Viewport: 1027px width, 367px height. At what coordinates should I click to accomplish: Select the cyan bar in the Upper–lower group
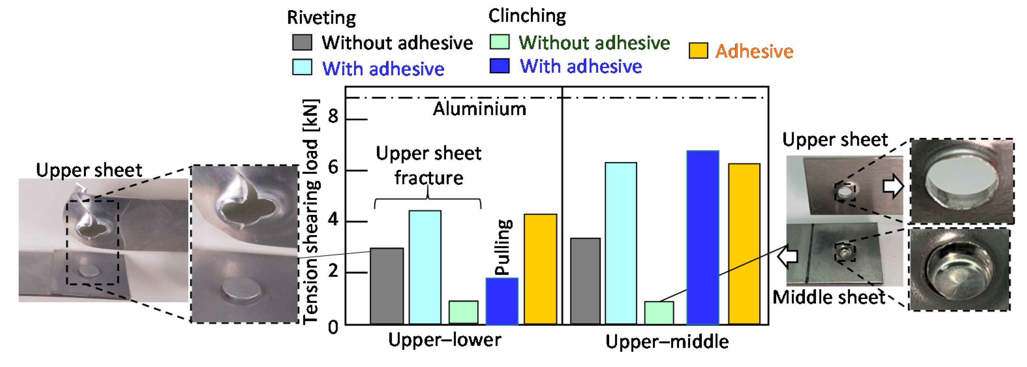tap(425, 267)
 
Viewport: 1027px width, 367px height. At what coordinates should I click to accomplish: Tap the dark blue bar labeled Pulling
tap(502, 301)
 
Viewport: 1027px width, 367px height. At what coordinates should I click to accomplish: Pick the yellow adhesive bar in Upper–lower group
tap(540, 269)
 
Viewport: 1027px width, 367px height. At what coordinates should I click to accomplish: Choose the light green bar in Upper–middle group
tap(659, 313)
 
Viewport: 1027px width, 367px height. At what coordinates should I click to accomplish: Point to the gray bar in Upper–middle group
tap(585, 281)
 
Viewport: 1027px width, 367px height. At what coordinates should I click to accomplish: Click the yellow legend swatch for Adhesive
tap(698, 51)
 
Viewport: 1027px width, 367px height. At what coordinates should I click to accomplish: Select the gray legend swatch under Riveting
tap(302, 42)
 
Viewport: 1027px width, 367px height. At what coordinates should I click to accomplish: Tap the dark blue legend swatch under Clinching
tap(499, 66)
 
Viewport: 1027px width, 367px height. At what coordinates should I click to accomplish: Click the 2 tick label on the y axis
tap(333, 272)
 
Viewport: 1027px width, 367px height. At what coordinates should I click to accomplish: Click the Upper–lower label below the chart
tap(445, 340)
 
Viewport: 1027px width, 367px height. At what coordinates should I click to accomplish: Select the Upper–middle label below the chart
tap(667, 342)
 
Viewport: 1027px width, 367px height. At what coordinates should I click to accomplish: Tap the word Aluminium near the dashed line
tap(480, 109)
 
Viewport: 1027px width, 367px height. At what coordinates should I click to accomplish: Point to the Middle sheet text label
tap(828, 297)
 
